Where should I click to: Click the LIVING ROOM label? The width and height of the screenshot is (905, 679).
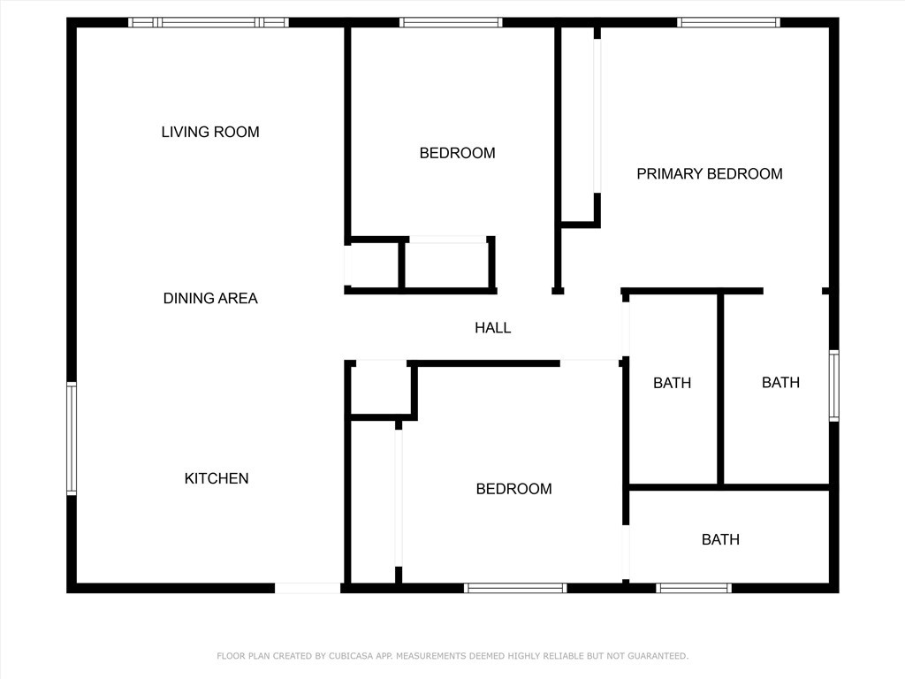tap(210, 133)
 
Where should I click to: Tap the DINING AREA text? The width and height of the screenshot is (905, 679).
tap(210, 299)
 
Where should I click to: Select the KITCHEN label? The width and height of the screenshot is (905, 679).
tap(217, 478)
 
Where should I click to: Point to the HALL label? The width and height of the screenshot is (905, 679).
tap(492, 328)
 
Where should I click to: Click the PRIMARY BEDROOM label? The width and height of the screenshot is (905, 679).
tap(710, 174)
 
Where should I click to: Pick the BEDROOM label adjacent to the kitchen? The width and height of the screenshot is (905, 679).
tap(513, 489)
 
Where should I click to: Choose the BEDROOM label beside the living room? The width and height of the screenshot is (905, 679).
tap(457, 153)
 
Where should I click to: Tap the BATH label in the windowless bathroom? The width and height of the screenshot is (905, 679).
tap(672, 383)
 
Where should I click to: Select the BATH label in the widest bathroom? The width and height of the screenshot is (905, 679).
tap(720, 539)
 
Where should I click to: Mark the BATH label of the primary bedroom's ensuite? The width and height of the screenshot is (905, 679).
tap(780, 382)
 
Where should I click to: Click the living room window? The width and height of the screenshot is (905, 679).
tap(208, 22)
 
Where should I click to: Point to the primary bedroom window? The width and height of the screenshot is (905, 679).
tap(728, 22)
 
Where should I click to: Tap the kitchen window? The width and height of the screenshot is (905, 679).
tap(72, 439)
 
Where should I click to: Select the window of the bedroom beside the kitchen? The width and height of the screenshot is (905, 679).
tap(515, 588)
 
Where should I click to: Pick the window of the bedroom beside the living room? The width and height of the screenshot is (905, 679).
tap(451, 22)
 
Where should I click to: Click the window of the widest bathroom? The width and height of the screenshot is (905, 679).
tap(694, 588)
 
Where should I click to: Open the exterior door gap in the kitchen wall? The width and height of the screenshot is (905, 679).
tap(308, 588)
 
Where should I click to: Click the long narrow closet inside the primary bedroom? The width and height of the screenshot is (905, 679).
tap(578, 124)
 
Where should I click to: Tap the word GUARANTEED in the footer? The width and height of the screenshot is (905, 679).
tap(658, 656)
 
